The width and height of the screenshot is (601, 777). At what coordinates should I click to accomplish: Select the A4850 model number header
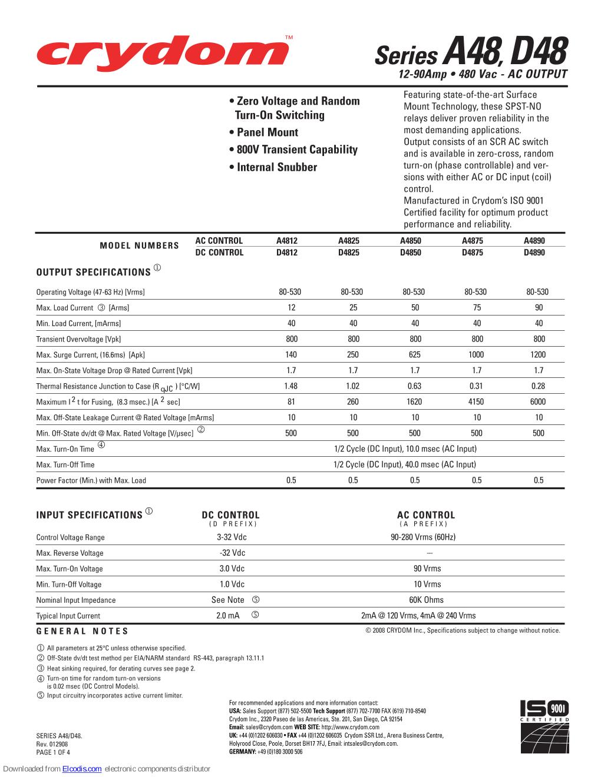point(411,241)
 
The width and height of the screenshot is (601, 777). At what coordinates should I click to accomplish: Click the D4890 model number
point(534,253)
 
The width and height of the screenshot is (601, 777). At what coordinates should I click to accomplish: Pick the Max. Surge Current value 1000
point(476,354)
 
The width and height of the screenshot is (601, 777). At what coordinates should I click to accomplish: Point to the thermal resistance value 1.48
point(290,386)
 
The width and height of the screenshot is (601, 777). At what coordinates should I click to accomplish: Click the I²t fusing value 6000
point(538,401)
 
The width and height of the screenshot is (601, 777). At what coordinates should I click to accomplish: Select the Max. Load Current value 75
point(477,307)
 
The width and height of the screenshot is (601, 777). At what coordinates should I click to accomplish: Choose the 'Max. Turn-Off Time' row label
point(65,465)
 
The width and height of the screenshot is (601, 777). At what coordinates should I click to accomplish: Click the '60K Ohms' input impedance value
point(427,600)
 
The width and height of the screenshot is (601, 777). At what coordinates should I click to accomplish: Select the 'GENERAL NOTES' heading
point(82,631)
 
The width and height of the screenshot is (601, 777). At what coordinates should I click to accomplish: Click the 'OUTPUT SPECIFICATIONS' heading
point(94,272)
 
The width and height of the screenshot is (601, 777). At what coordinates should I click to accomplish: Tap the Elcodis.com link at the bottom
point(82,769)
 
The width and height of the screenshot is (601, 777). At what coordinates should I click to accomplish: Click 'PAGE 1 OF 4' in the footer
point(53,752)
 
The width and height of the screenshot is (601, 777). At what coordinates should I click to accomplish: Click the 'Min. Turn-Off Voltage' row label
point(69,585)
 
